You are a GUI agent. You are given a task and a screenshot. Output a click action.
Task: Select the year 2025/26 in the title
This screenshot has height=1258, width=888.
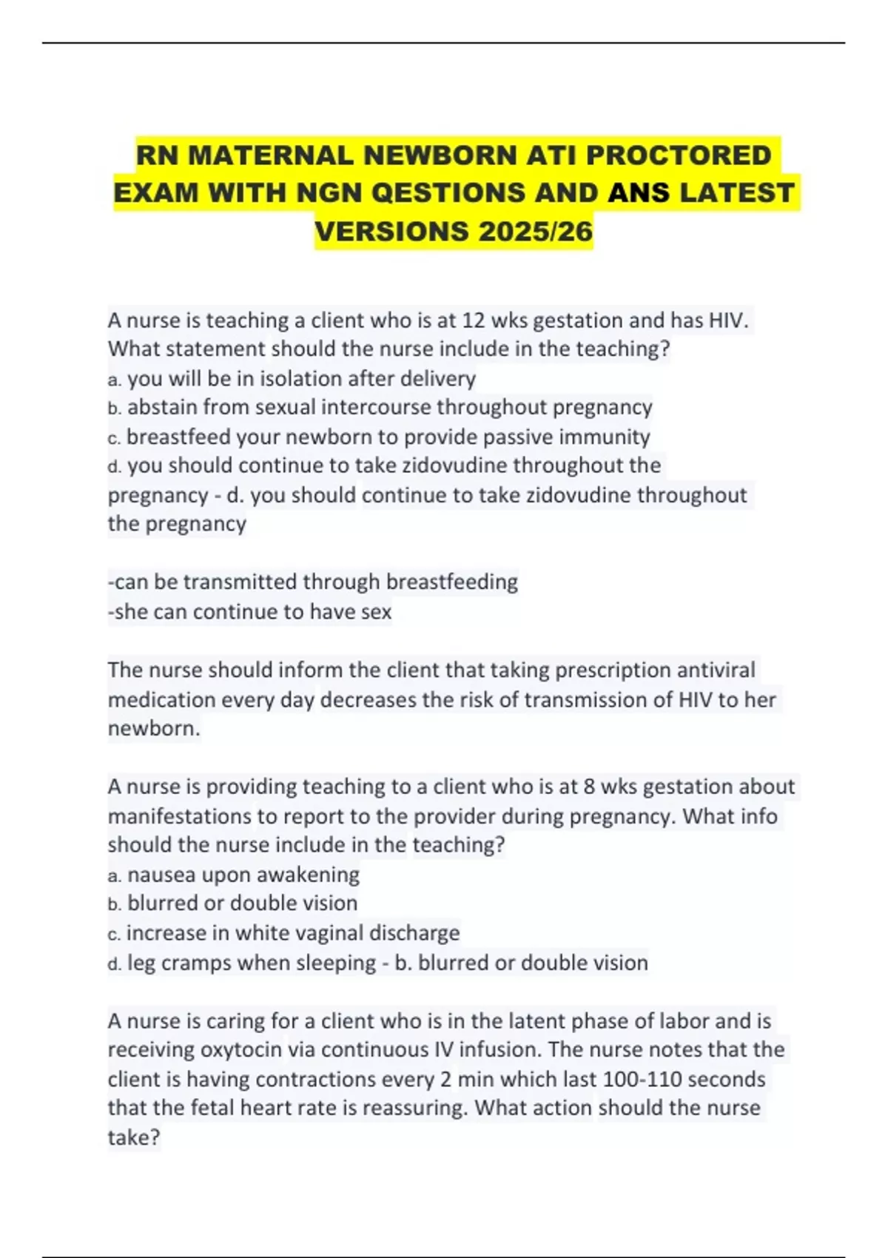tap(536, 232)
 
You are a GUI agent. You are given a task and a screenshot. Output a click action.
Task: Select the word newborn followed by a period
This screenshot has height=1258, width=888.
tap(152, 728)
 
